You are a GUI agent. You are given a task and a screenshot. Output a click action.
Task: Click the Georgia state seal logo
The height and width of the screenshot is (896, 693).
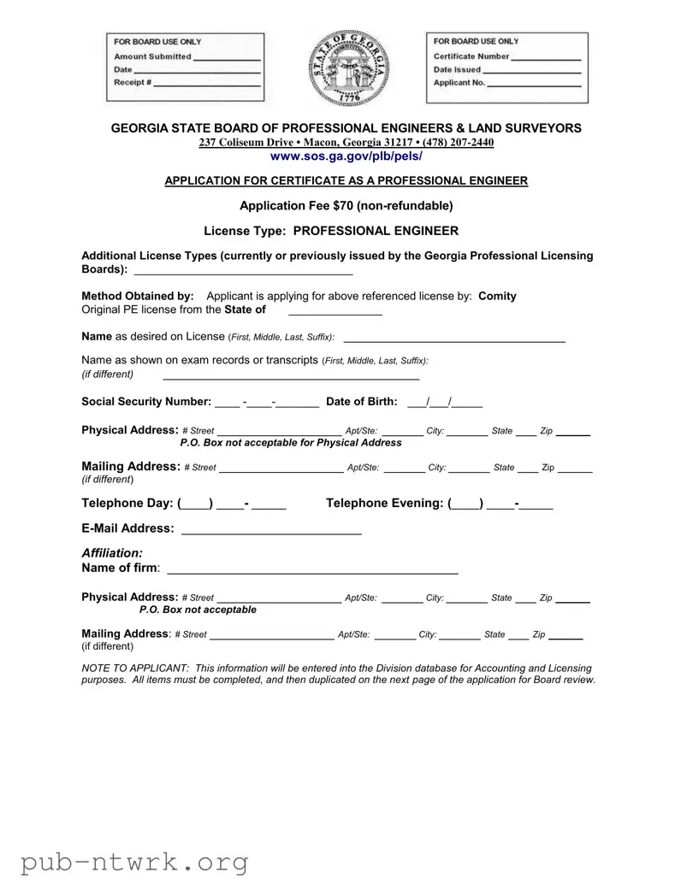[346, 68]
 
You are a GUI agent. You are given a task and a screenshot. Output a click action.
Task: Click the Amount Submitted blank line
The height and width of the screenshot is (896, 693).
[226, 58]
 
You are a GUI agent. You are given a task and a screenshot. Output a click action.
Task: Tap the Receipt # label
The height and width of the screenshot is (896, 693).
[133, 82]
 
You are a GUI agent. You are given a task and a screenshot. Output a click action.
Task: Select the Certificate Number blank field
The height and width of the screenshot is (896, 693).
[545, 57]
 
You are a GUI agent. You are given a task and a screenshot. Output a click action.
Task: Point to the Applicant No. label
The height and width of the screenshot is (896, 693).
[459, 83]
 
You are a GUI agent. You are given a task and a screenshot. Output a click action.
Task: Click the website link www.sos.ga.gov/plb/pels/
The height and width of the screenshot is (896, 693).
[346, 156]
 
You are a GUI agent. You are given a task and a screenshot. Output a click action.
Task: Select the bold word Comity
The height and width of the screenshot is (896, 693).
[497, 296]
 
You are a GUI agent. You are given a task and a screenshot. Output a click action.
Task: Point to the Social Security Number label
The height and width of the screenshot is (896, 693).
[145, 402]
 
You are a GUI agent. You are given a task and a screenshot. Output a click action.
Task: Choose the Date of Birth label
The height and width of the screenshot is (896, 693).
[362, 402]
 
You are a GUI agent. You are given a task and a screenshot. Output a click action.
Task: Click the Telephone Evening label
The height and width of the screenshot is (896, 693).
[384, 504]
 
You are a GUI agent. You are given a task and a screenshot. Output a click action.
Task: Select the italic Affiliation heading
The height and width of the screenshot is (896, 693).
[112, 553]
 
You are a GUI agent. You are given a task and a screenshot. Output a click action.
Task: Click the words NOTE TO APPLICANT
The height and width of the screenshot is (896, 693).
[134, 668]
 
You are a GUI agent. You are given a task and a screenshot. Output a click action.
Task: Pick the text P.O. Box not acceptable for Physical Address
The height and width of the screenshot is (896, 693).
[290, 443]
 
